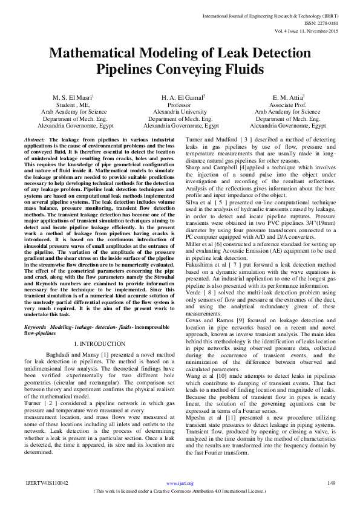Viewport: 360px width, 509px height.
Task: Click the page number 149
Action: point(332,500)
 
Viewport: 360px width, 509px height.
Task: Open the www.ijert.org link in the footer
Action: point(180,501)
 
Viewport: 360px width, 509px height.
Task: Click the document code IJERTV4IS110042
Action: point(46,500)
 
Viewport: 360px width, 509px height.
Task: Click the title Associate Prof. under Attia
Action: point(287,105)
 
